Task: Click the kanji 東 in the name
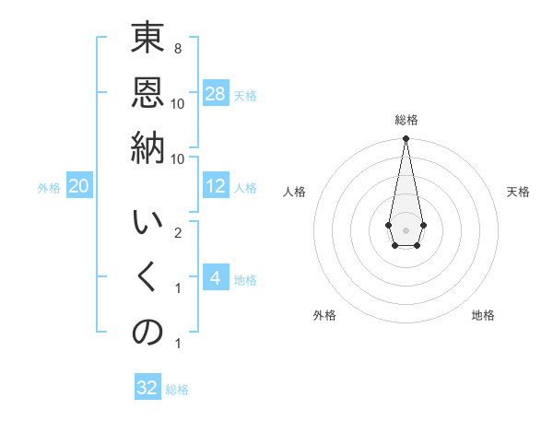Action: [x=147, y=41]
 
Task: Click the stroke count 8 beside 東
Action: [x=177, y=48]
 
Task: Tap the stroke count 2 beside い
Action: [x=177, y=232]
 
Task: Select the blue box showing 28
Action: [x=216, y=94]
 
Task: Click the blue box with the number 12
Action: [x=216, y=186]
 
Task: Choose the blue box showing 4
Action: [x=216, y=278]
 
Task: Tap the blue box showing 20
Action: [x=78, y=187]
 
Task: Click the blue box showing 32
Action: [x=147, y=388]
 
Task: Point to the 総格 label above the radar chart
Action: [x=406, y=120]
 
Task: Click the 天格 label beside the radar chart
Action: [x=518, y=192]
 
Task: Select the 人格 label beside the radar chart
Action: [x=294, y=192]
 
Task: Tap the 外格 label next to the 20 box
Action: [x=49, y=188]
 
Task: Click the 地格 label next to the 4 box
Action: [x=245, y=279]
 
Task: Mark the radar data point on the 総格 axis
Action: [x=406, y=138]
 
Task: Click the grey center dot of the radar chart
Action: [x=406, y=228]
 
